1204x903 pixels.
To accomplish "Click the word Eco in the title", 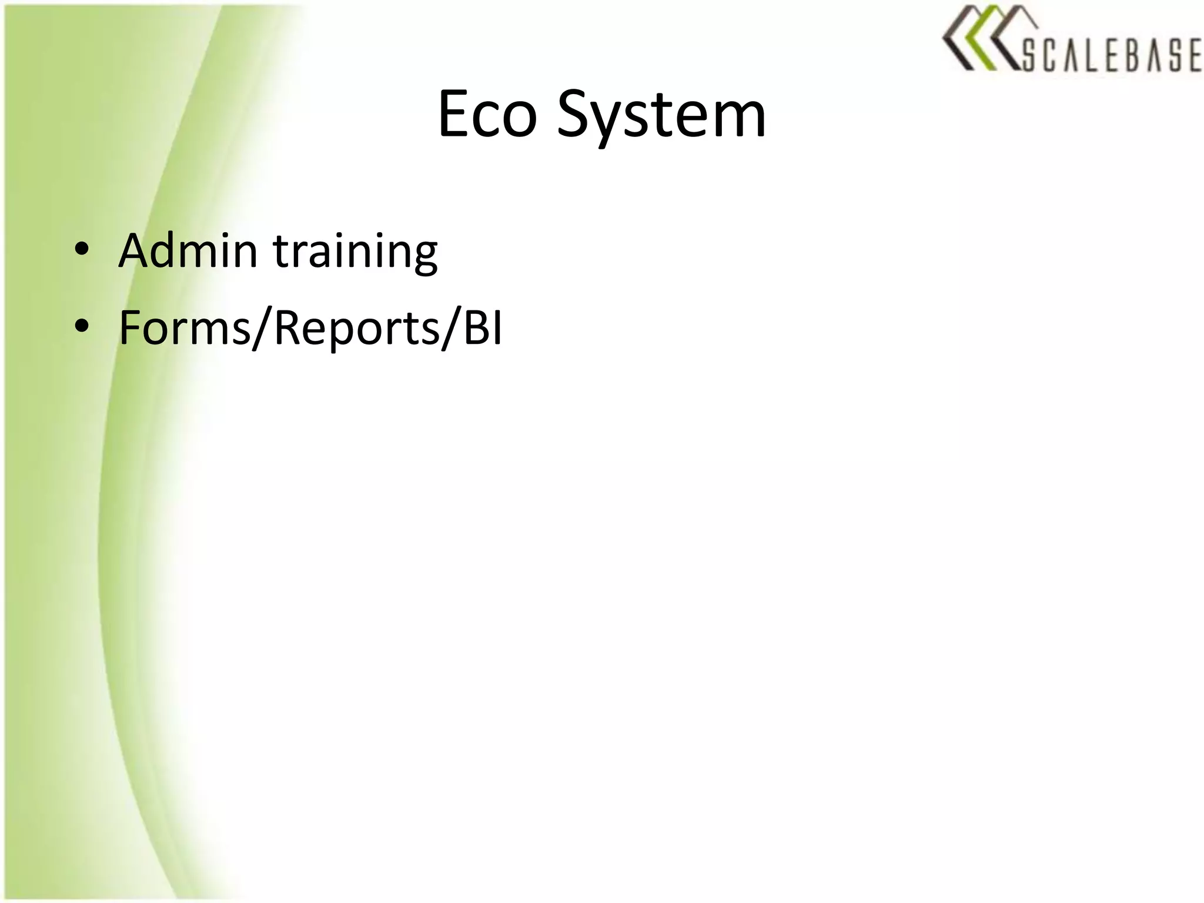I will (487, 115).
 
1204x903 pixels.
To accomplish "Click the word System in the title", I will (661, 116).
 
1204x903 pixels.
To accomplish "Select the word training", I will (356, 253).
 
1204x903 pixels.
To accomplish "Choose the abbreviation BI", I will (483, 327).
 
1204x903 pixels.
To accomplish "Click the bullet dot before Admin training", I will (82, 249).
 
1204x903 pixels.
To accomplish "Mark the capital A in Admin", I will (136, 251).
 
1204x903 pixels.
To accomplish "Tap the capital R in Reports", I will (287, 328).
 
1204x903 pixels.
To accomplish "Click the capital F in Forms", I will (131, 328).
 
